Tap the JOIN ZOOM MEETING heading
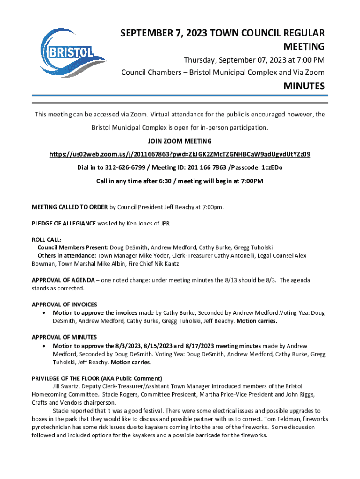(x=180, y=141)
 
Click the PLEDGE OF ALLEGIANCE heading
(x=64, y=223)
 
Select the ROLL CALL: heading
(x=46, y=239)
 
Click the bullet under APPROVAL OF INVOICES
(x=43, y=313)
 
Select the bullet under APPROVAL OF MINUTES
(x=43, y=346)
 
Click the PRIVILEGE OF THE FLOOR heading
(x=96, y=378)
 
